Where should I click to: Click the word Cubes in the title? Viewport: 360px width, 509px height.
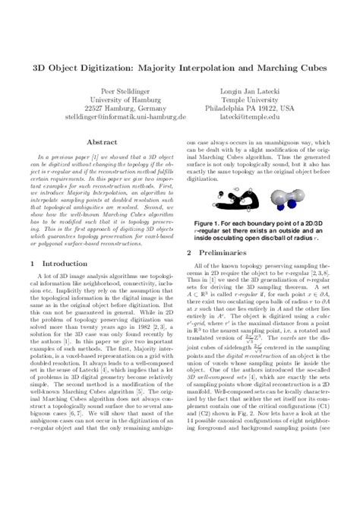[x=307, y=68]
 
